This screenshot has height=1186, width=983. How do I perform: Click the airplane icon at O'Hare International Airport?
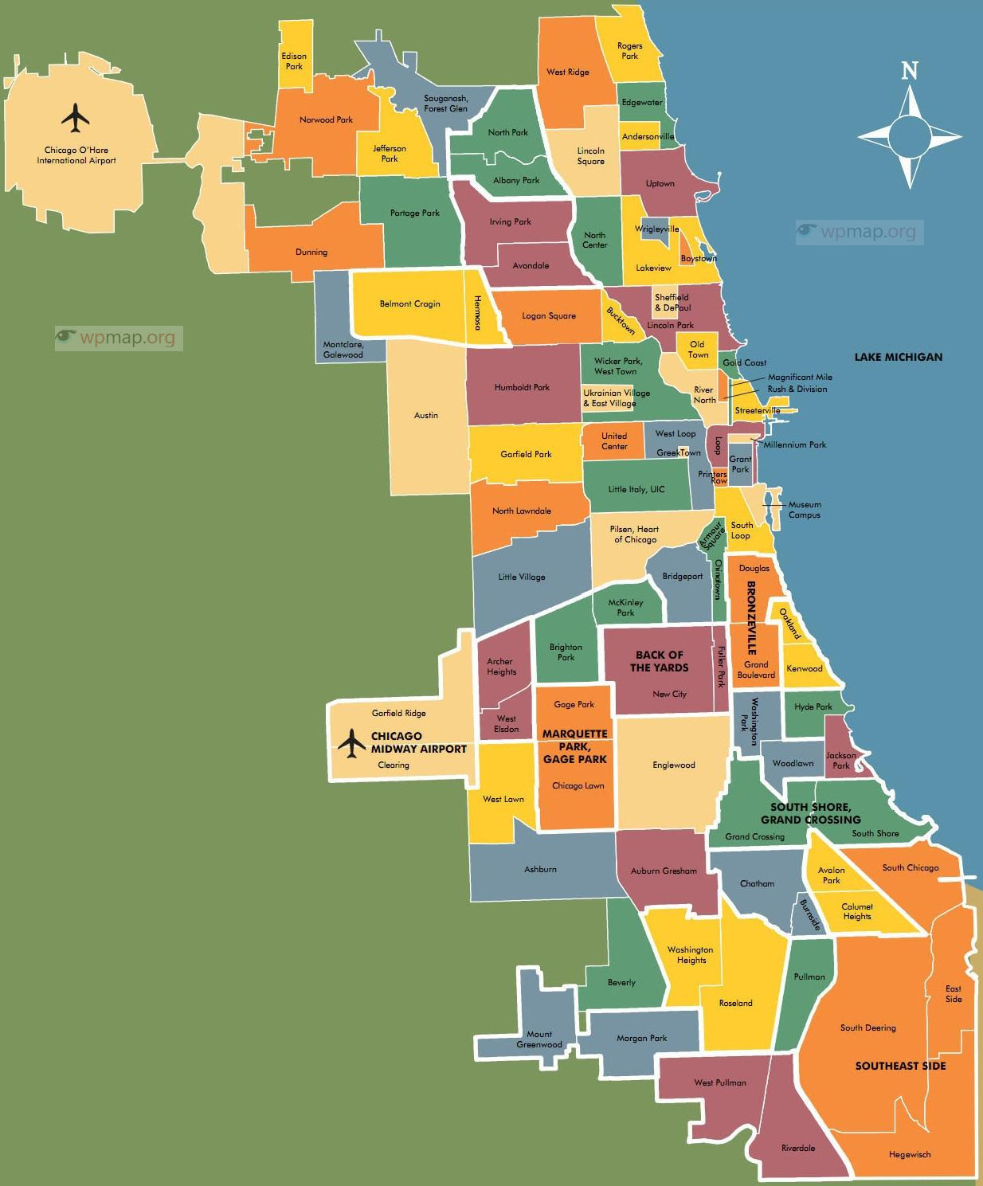click(76, 118)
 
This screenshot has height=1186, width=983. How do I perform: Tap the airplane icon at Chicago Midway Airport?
click(351, 743)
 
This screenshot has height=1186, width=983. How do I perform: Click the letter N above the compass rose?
click(909, 72)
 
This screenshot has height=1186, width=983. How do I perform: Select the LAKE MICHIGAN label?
click(898, 357)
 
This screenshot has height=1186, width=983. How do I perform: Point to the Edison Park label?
click(294, 61)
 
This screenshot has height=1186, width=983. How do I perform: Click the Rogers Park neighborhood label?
click(629, 51)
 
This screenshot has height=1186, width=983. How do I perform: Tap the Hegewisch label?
click(910, 1154)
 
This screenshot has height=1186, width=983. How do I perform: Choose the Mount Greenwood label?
click(539, 1039)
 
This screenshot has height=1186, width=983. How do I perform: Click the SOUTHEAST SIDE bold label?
click(900, 1066)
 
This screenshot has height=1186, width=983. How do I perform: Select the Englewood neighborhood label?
click(674, 765)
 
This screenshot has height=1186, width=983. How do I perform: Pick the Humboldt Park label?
click(522, 388)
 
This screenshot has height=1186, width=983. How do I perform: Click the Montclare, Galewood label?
click(343, 350)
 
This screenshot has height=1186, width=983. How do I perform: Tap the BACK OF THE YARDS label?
click(660, 661)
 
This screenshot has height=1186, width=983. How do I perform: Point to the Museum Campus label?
click(805, 510)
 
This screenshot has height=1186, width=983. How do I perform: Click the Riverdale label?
click(798, 1148)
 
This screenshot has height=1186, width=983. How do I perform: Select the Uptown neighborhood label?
click(660, 184)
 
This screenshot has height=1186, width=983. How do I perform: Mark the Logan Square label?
click(549, 316)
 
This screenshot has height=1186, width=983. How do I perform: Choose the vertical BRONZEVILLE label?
click(750, 617)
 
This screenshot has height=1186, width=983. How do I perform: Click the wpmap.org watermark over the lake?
click(859, 232)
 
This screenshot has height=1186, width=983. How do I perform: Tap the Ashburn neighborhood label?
click(540, 869)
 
